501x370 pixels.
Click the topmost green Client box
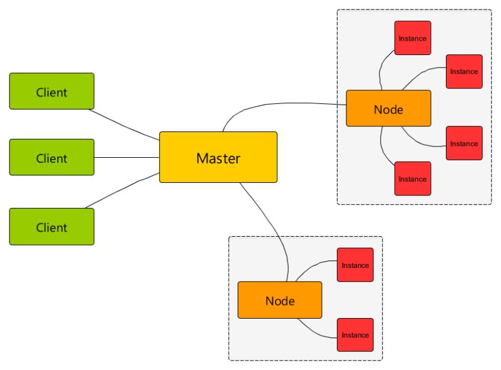coord(51,91)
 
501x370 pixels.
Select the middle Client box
coord(51,157)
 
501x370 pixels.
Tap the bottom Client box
coord(51,226)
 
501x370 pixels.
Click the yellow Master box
coord(218,157)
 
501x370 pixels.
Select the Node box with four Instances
coord(388,108)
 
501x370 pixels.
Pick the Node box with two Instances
coord(280,300)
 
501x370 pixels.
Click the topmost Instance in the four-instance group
coord(413,38)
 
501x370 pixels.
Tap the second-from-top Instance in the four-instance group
coord(464,71)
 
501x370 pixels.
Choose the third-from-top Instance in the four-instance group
coord(464,143)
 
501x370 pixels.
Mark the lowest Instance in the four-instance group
coord(413,178)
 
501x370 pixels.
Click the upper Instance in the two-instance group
coord(355,265)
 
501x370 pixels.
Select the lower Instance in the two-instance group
coord(355,335)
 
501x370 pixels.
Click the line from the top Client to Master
coord(125,124)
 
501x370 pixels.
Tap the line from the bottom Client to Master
coord(122,191)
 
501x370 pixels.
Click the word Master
coord(218,158)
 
